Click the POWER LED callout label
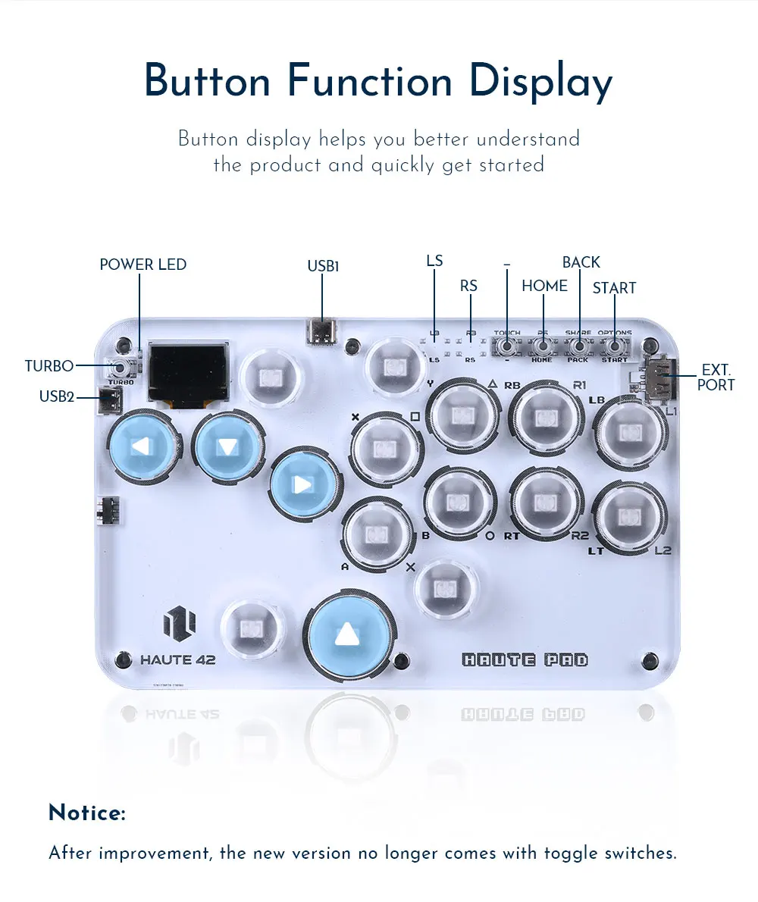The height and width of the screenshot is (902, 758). tap(143, 265)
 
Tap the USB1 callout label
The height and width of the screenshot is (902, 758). tap(323, 266)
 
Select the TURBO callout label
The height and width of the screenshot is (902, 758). tap(49, 366)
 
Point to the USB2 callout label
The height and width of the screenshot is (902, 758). tap(57, 396)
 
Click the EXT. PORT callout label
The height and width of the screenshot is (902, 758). tap(716, 377)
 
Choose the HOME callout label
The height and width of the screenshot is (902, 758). tap(544, 286)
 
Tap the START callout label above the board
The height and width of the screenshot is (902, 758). tap(614, 288)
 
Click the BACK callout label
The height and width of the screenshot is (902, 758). tap(581, 262)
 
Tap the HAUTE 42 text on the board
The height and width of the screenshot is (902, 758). tap(177, 659)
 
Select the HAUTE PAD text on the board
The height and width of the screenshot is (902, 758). tap(525, 659)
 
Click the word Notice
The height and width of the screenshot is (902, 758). tap(86, 813)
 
